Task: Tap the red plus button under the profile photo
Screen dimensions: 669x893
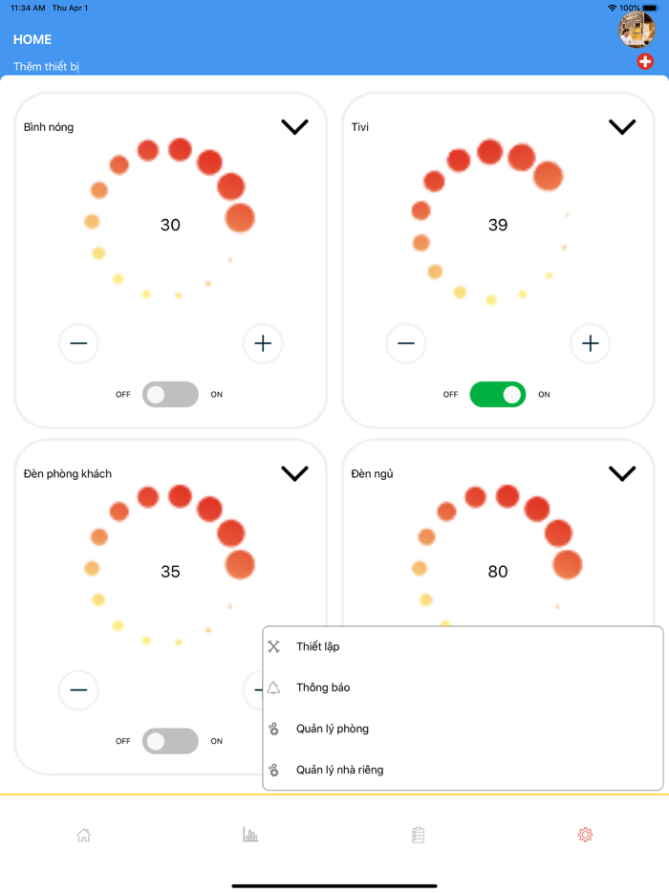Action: point(644,61)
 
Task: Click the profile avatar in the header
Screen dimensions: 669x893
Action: point(637,29)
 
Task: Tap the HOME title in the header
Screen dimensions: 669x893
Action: point(32,39)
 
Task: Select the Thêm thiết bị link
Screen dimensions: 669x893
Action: point(46,67)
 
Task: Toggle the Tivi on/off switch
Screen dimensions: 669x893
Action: point(498,394)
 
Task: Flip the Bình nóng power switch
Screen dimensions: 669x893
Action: point(170,394)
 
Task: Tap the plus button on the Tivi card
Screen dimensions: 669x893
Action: point(590,343)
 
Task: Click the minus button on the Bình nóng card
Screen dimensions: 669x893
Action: point(78,343)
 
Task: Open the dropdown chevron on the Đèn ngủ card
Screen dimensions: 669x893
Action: point(622,473)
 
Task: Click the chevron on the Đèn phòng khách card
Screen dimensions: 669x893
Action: point(295,473)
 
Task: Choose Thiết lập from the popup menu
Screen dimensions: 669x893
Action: point(317,646)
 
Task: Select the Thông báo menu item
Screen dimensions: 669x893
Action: point(323,687)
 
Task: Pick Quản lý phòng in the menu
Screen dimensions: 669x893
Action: point(333,729)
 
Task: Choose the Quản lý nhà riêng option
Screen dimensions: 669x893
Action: point(340,770)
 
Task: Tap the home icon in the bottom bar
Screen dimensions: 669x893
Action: point(84,835)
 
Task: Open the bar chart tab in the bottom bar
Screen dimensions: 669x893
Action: point(250,835)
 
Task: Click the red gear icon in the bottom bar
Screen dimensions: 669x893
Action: point(585,835)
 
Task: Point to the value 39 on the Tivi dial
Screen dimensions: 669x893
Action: point(498,225)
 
